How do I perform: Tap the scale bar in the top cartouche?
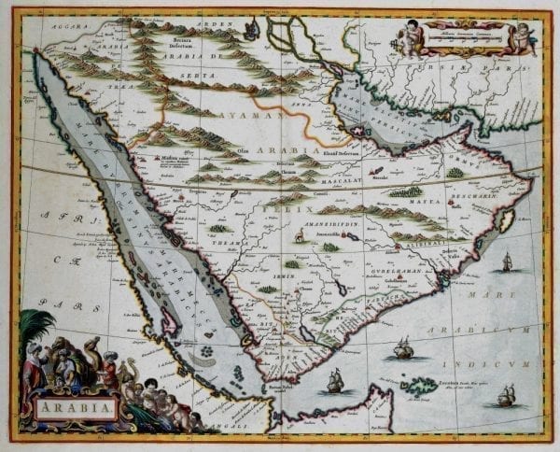tap(464, 40)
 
